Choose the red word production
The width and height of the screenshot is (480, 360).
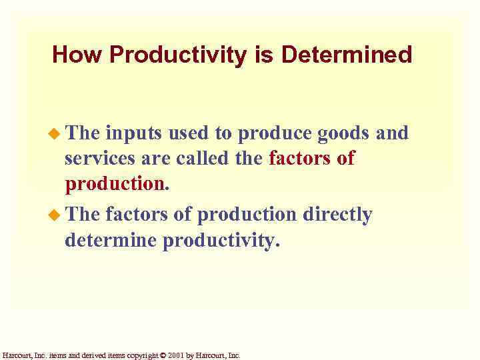pyautogui.click(x=114, y=184)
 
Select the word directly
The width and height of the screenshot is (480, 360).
pyautogui.click(x=337, y=214)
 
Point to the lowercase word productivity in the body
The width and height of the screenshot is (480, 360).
pyautogui.click(x=219, y=241)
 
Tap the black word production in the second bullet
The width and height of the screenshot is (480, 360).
pyautogui.click(x=247, y=215)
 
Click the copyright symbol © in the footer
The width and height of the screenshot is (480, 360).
pyautogui.click(x=162, y=355)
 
